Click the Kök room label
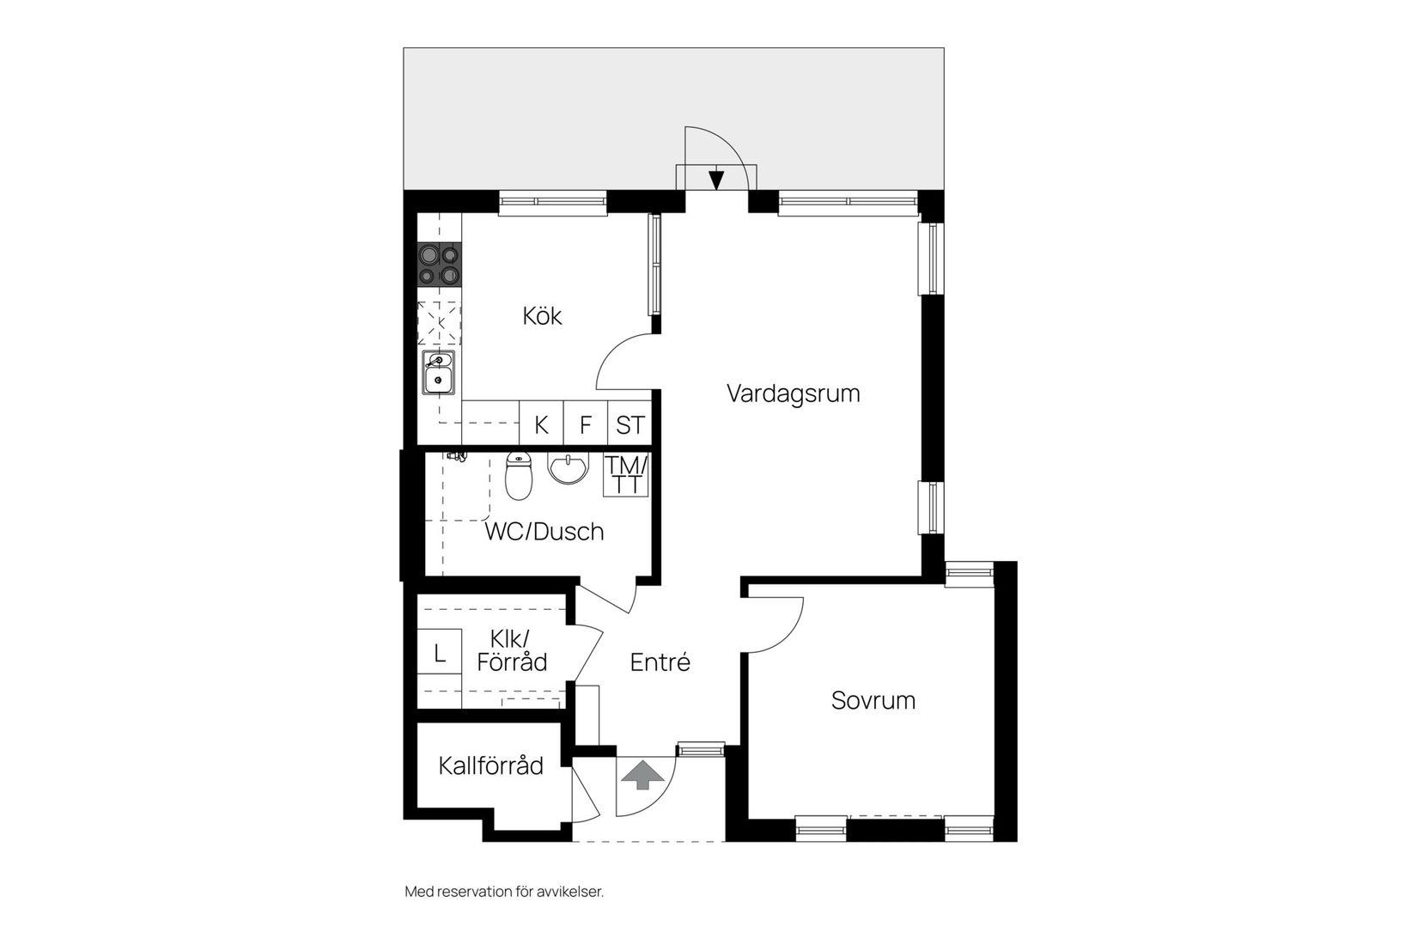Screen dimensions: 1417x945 pyautogui.click(x=542, y=316)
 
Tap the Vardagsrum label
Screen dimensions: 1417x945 pyautogui.click(x=794, y=393)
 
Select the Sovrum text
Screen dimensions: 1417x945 pyautogui.click(x=873, y=701)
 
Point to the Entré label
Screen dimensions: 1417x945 pyautogui.click(x=660, y=662)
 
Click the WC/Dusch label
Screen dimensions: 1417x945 pyautogui.click(x=544, y=532)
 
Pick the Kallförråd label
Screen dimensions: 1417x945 pyautogui.click(x=491, y=765)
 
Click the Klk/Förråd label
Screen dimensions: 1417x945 pyautogui.click(x=512, y=651)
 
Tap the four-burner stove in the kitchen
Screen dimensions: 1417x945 pyautogui.click(x=439, y=264)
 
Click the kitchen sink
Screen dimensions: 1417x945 pyautogui.click(x=438, y=372)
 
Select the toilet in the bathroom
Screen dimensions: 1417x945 pyautogui.click(x=519, y=476)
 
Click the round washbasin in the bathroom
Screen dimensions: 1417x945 pyautogui.click(x=568, y=468)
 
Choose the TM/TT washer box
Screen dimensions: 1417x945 pyautogui.click(x=626, y=475)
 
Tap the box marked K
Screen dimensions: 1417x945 pyautogui.click(x=542, y=423)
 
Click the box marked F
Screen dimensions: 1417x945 pyautogui.click(x=585, y=423)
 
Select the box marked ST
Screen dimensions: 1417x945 pyautogui.click(x=629, y=423)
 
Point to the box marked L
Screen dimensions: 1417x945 pyautogui.click(x=440, y=652)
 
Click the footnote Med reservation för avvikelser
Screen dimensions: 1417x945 pyautogui.click(x=504, y=892)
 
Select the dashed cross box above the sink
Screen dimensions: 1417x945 pyautogui.click(x=439, y=323)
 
